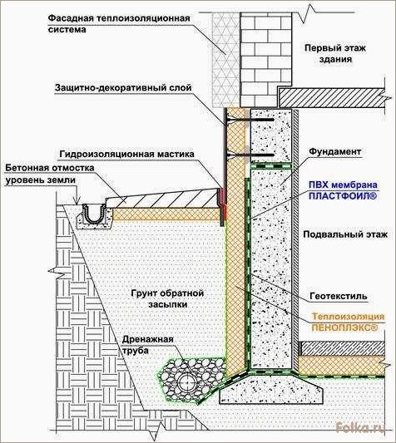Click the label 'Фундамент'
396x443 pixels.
(335, 152)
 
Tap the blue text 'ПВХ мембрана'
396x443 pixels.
(343, 185)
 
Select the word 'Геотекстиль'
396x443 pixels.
(339, 296)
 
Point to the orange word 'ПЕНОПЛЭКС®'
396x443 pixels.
(344, 327)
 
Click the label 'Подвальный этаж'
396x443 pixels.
(345, 234)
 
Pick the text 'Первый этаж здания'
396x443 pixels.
(335, 53)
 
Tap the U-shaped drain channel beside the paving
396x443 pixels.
(92, 214)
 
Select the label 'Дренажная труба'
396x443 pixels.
(147, 345)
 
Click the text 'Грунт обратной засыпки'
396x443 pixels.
(167, 298)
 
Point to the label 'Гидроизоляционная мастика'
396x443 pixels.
(127, 155)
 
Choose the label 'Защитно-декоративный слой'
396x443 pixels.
(123, 88)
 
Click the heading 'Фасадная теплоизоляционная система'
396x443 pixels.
(119, 24)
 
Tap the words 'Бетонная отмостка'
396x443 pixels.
(50, 168)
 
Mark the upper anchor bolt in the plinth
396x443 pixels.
(250, 120)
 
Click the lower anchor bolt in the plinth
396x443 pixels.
(250, 155)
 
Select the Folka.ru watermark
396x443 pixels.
(360, 427)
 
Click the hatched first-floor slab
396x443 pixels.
(331, 97)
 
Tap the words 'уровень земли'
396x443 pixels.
(41, 180)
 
